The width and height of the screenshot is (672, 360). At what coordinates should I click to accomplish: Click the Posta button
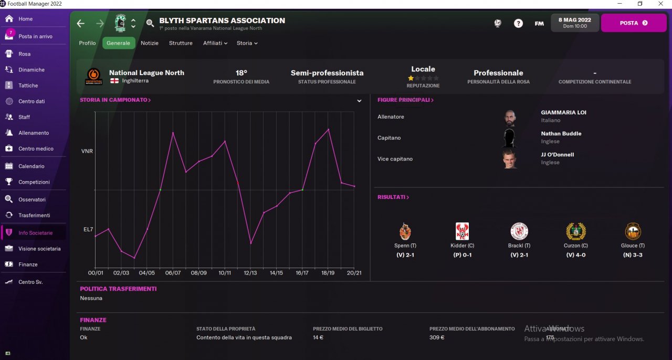pos(633,23)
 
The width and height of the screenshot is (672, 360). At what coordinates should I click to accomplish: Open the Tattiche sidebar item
pos(28,86)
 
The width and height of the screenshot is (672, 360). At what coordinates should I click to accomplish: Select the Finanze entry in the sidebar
pos(28,264)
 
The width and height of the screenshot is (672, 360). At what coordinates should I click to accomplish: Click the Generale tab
pos(118,43)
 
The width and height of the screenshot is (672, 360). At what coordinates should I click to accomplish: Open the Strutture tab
pos(181,43)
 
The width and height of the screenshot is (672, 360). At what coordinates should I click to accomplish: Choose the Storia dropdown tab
pos(247,43)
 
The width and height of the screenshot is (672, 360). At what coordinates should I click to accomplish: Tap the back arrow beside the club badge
pos(80,23)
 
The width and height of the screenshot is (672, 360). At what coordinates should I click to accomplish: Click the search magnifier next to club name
pos(150,23)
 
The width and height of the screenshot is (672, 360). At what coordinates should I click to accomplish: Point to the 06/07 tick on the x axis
pos(173,273)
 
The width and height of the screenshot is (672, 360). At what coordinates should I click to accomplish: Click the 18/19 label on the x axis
pos(328,273)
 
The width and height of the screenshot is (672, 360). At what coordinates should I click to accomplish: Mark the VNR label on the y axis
pos(87,151)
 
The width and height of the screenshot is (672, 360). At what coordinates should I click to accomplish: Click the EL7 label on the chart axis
pos(88,229)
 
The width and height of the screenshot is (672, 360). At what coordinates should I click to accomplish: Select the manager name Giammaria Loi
pos(563,112)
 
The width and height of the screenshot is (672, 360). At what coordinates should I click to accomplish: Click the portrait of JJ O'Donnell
pos(509,158)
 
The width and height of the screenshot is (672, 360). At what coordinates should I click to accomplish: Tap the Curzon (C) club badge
pos(576,231)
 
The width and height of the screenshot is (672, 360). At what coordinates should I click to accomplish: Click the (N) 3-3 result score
pos(633,255)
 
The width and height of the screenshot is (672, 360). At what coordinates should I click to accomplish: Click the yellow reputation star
pos(411,78)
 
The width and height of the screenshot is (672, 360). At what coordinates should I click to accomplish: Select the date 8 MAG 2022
pos(574,20)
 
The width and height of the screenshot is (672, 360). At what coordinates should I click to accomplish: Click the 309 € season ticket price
pos(437,337)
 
